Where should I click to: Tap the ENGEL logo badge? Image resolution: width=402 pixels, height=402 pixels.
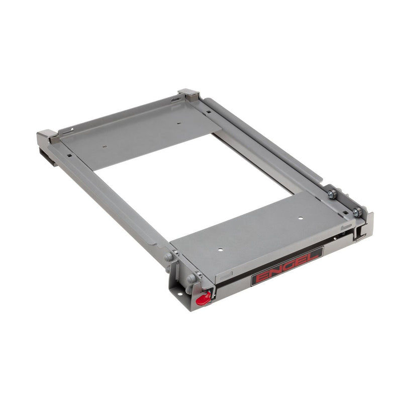pyautogui.click(x=287, y=266)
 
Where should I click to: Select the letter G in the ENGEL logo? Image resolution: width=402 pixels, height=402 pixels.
pyautogui.click(x=287, y=267)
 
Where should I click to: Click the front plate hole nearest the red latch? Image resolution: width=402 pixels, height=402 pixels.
pyautogui.click(x=220, y=249)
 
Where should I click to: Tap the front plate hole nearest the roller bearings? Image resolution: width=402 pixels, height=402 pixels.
pyautogui.click(x=300, y=218)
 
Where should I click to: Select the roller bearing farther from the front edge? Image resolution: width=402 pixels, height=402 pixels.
pyautogui.click(x=332, y=194)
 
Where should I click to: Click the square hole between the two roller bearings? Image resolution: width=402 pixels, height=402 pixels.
pyautogui.click(x=345, y=212)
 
